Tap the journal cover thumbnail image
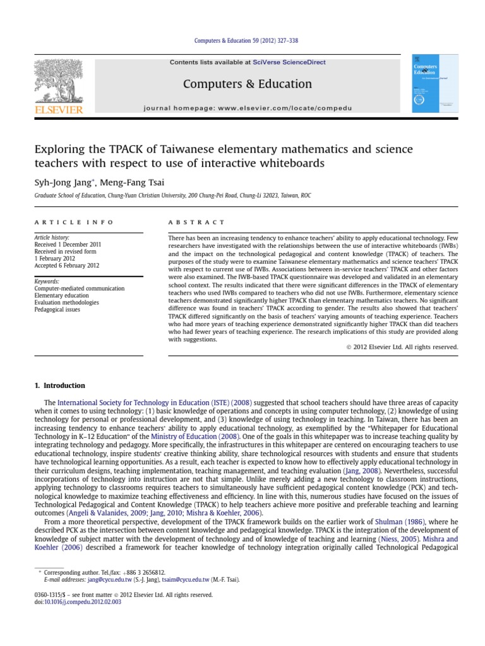(434, 83)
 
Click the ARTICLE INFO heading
(74, 222)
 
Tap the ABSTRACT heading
(196, 222)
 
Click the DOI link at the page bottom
(78, 602)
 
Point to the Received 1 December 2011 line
(68, 244)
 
